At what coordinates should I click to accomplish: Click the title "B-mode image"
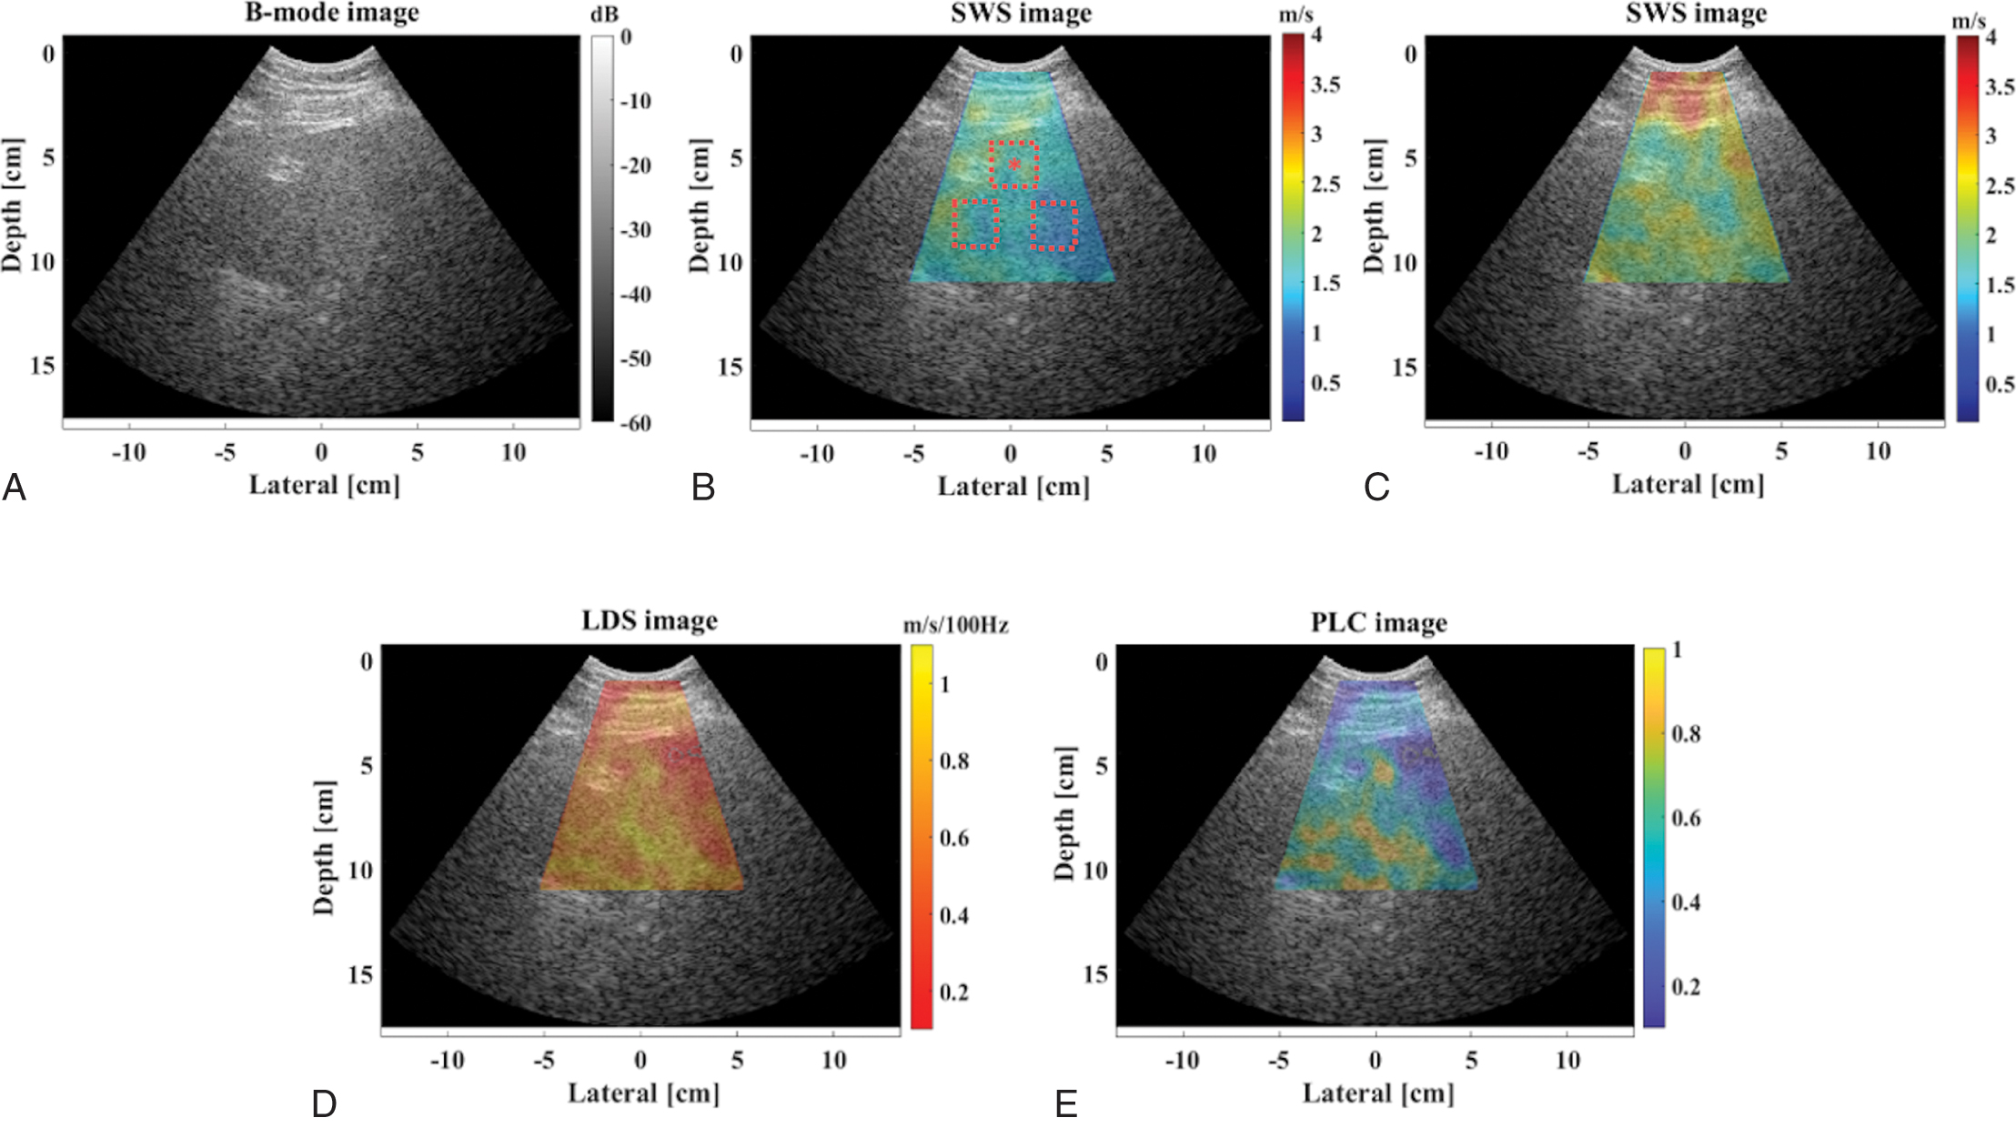point(332,13)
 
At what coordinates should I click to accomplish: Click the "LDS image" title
point(650,620)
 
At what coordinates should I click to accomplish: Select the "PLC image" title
point(1378,622)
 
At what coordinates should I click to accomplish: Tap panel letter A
point(14,488)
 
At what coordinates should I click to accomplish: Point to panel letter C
point(1376,488)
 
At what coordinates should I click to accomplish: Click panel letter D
point(324,1104)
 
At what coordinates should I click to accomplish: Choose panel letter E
point(1065,1104)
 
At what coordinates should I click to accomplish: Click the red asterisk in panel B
point(1014,164)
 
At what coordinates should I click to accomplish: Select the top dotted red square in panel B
point(1014,165)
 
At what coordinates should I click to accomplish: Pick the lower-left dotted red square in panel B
point(975,224)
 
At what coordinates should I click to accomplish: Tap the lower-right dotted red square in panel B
point(1053,226)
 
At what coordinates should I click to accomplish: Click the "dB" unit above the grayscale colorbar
point(604,15)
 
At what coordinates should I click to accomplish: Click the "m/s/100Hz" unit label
point(955,625)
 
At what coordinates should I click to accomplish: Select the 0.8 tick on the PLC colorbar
point(1686,733)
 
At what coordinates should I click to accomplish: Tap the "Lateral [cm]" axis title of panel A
point(325,485)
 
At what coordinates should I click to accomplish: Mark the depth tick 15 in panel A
point(42,366)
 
